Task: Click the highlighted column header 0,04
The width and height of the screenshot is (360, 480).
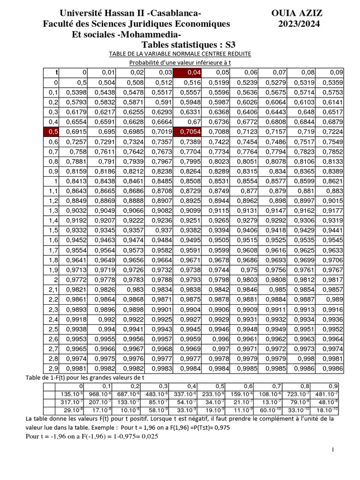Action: point(187,72)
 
